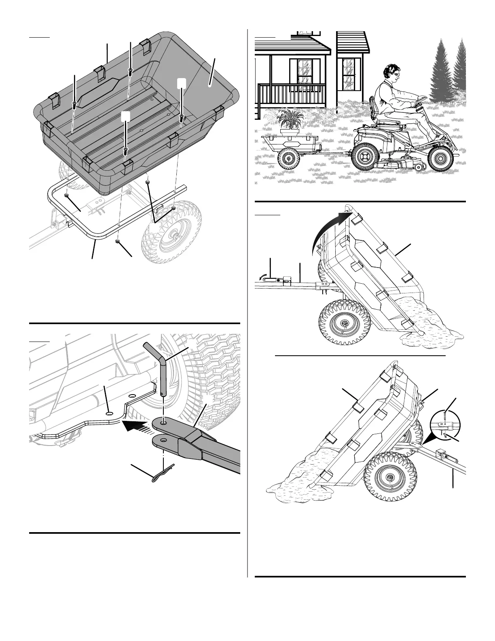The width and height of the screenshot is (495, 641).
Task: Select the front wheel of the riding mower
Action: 440,156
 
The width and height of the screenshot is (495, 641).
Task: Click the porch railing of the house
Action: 292,95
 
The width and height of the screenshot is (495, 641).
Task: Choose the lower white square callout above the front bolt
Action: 126,116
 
